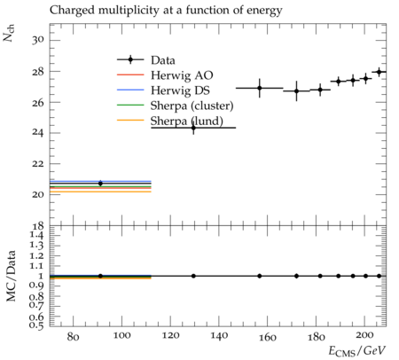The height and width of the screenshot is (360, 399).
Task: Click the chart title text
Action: click(166, 11)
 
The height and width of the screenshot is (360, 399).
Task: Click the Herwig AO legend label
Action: click(182, 75)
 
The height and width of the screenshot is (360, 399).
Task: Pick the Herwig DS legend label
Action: click(180, 90)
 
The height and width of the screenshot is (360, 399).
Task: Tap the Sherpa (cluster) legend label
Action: click(192, 106)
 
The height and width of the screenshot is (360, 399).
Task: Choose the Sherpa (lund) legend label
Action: click(187, 121)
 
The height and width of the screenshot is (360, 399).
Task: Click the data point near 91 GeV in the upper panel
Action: click(100, 184)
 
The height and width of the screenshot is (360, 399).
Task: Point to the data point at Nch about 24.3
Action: click(193, 128)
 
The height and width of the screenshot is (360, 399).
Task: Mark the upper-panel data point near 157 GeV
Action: click(260, 88)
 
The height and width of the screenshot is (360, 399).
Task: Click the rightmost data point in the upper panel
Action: click(379, 72)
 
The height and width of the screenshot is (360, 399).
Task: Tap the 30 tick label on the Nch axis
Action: click(38, 40)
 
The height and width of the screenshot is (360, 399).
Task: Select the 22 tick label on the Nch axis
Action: click(38, 164)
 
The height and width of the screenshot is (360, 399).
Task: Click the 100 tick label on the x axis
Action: click(121, 336)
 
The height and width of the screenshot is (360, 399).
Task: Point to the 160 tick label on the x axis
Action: click(267, 336)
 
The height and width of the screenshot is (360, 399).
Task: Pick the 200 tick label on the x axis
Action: click(364, 336)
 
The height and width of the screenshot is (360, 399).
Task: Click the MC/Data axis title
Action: click(11, 276)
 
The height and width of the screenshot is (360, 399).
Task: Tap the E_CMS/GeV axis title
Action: click(357, 351)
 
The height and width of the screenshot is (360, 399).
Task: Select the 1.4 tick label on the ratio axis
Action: click(37, 236)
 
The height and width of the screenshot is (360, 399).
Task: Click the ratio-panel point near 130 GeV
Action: click(193, 276)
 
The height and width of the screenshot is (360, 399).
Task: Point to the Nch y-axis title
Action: click(9, 34)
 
